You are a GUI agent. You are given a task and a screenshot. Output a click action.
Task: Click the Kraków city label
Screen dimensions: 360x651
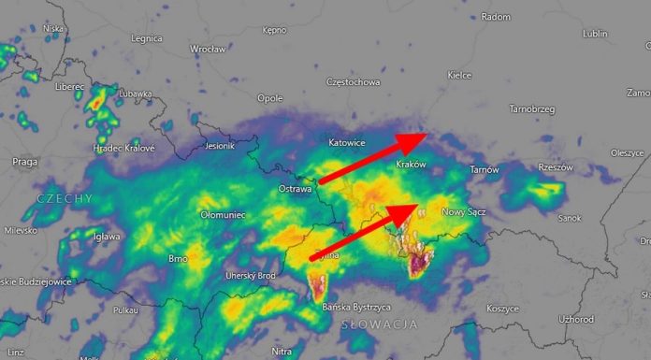411,165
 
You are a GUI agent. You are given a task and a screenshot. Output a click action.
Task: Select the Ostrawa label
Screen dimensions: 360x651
295,189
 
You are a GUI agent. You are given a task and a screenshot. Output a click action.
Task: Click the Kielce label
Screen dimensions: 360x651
459,75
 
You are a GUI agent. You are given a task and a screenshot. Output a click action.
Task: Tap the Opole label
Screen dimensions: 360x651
270,98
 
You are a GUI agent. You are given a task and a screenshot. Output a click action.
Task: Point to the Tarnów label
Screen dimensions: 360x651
485,170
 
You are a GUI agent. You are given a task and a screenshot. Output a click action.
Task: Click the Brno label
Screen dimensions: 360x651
177,257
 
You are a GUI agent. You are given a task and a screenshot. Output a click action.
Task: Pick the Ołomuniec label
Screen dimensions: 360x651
223,214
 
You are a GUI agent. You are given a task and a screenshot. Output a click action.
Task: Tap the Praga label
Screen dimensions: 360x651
24,162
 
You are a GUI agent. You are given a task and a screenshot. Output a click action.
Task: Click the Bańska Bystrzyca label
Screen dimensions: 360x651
354,307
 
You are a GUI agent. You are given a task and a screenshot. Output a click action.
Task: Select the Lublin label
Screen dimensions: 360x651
595,34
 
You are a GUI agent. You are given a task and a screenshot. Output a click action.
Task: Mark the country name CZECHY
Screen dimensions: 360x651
65,199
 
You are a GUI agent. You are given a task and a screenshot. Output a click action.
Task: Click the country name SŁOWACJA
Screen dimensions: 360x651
379,324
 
